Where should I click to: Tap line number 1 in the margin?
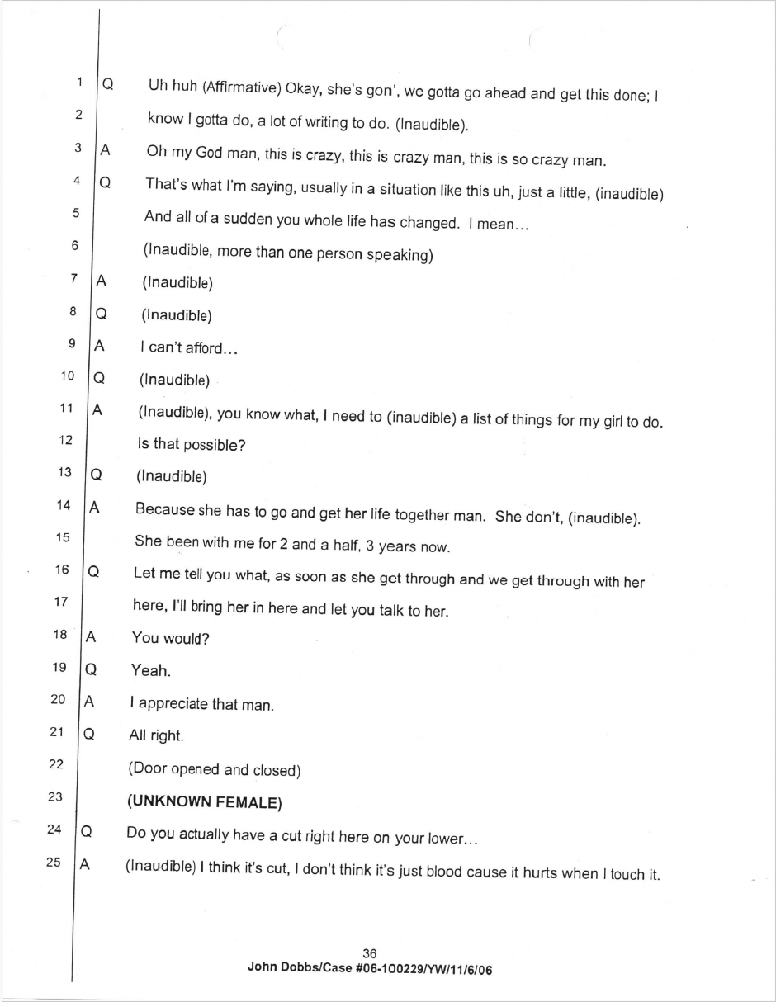point(79,81)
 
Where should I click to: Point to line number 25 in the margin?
point(54,863)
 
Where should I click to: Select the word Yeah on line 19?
point(150,670)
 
